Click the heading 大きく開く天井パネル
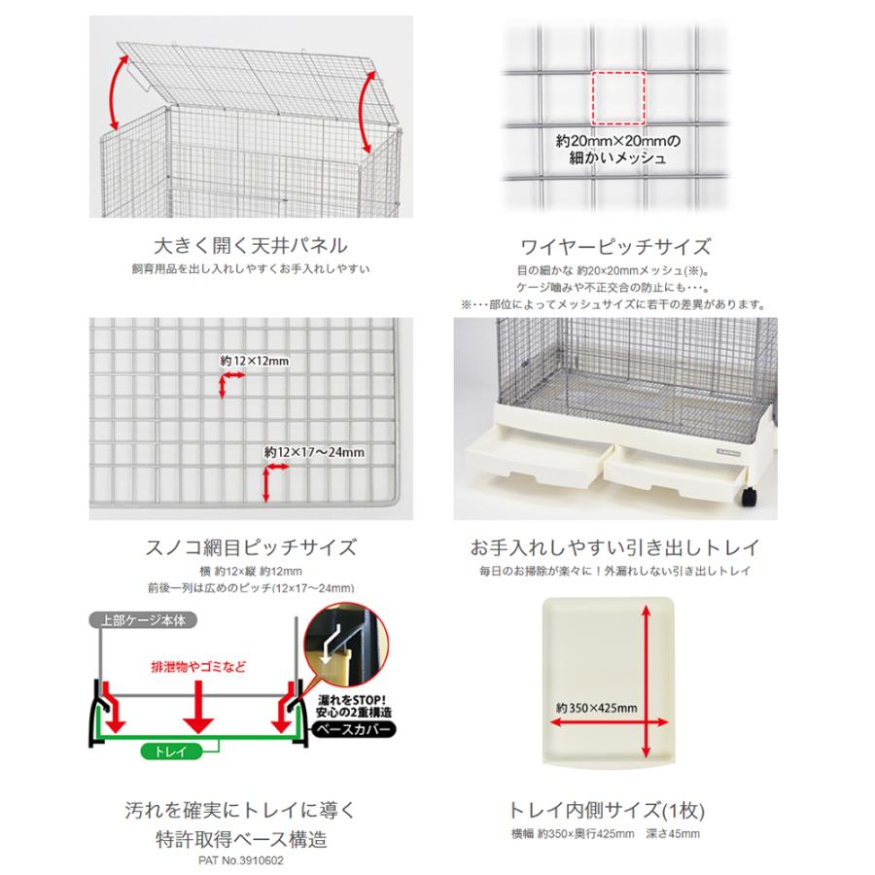pyautogui.click(x=251, y=246)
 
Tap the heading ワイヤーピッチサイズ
pyautogui.click(x=615, y=247)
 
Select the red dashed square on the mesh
pyautogui.click(x=618, y=97)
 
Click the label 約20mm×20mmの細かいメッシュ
pyautogui.click(x=617, y=150)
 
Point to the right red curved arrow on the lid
pyautogui.click(x=366, y=112)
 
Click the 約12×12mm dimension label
pyautogui.click(x=255, y=361)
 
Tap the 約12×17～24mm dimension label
pyautogui.click(x=314, y=452)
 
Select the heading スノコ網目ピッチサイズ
pyautogui.click(x=251, y=547)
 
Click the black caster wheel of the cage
pyautogui.click(x=750, y=496)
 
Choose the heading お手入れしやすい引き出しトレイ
pyautogui.click(x=615, y=547)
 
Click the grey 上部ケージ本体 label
pyautogui.click(x=143, y=620)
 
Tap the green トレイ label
pyautogui.click(x=170, y=752)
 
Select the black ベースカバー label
pyautogui.click(x=353, y=729)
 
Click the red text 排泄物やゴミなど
pyautogui.click(x=198, y=667)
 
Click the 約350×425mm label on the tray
pyautogui.click(x=597, y=708)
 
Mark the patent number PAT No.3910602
pyautogui.click(x=241, y=860)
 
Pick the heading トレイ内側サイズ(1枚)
pyautogui.click(x=606, y=810)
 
